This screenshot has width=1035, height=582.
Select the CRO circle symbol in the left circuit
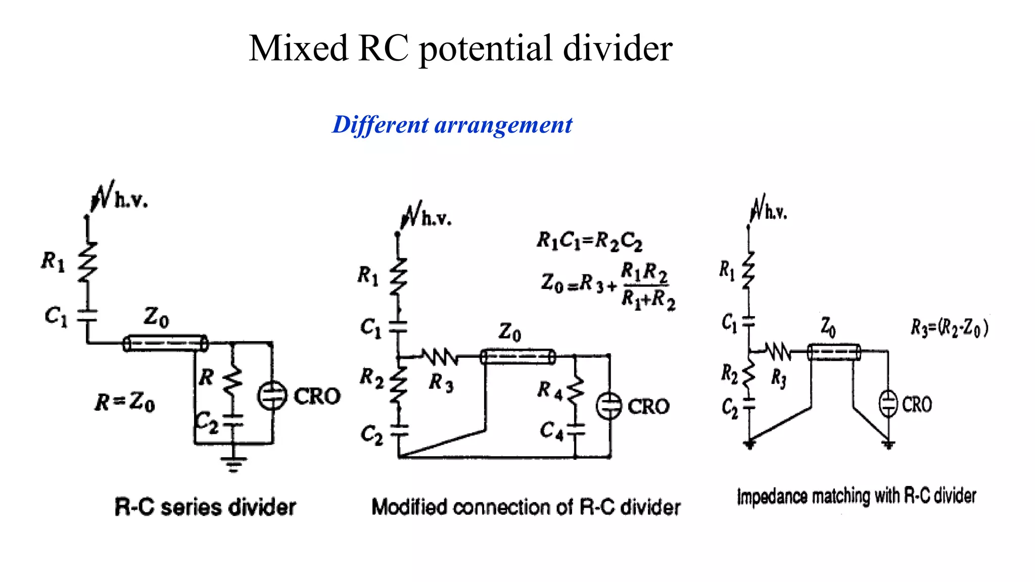point(272,396)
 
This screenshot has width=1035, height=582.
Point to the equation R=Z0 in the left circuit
point(125,402)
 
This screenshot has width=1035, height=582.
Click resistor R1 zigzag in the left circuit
point(87,261)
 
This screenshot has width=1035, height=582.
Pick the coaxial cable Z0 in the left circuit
point(165,344)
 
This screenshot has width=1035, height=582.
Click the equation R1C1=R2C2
point(589,240)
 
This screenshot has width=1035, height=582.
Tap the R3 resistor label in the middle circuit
point(441,382)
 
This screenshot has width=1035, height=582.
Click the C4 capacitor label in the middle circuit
point(551,430)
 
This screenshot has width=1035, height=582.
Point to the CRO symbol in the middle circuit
point(608,406)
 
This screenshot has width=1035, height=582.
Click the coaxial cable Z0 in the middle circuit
point(517,357)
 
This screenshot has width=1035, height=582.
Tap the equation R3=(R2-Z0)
point(949,327)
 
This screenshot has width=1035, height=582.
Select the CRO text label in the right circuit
point(917,405)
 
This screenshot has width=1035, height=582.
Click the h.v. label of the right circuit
point(776,213)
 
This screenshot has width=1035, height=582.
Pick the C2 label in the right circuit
point(729,407)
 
